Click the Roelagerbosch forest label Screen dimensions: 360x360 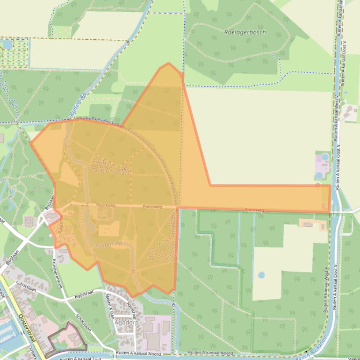point(245,33)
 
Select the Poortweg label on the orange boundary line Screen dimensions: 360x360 point(254,211)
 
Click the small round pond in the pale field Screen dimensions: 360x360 point(261,275)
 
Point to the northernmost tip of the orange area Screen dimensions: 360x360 point(168,64)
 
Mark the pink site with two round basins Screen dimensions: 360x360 point(322,166)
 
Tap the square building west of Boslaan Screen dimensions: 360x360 point(29,220)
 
